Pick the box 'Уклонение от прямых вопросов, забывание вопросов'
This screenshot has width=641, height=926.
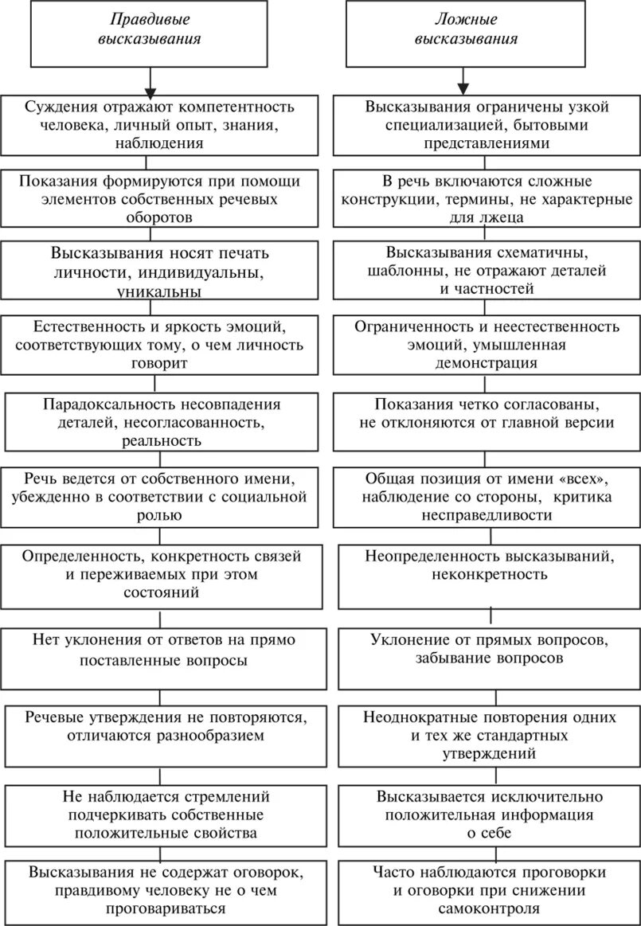[487, 650]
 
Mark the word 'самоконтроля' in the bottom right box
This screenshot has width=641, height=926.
[487, 908]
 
